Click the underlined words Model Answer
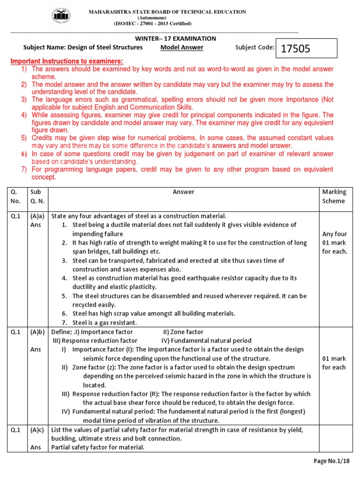click(182, 47)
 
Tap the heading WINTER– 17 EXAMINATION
click(182, 38)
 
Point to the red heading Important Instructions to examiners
click(67, 61)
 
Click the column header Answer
click(183, 192)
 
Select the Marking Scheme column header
click(334, 196)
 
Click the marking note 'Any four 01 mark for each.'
click(334, 242)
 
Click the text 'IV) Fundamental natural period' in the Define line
click(206, 341)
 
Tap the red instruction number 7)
click(23, 169)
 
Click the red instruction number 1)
click(23, 69)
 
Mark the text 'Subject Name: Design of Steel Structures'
click(83, 47)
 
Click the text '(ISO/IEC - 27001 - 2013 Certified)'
click(152, 23)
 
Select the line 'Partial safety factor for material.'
click(98, 448)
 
